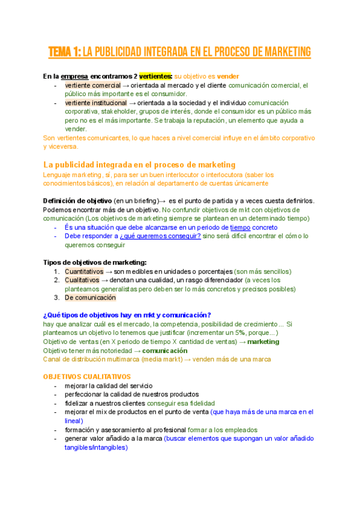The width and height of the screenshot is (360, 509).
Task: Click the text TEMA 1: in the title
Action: pyautogui.click(x=64, y=52)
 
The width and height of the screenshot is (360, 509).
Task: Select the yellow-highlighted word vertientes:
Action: pyautogui.click(x=156, y=77)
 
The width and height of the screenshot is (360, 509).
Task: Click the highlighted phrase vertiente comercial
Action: pyautogui.click(x=92, y=86)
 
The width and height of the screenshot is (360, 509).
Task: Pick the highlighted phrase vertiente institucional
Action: pyautogui.click(x=96, y=103)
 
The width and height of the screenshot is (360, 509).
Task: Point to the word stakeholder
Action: pyautogui.click(x=112, y=112)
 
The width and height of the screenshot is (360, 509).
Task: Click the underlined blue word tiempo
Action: pyautogui.click(x=240, y=227)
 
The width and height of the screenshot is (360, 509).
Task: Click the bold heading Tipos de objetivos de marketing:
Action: pyautogui.click(x=95, y=262)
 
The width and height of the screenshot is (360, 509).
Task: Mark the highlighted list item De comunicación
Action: pyautogui.click(x=90, y=297)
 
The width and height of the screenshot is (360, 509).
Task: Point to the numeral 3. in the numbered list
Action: pyautogui.click(x=57, y=297)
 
